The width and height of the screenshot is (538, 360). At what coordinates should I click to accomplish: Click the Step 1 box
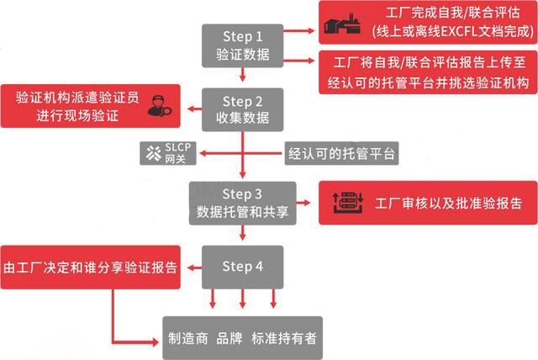[x=242, y=45]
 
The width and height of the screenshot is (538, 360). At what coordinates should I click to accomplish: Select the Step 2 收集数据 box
[x=242, y=107]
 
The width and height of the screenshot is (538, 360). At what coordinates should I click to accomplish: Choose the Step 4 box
[x=242, y=267]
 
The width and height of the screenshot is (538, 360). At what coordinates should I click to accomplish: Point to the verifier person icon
[x=156, y=105]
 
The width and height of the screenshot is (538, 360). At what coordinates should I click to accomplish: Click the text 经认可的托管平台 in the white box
[x=341, y=154]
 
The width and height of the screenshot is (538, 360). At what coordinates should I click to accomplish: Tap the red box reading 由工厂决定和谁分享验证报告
[x=90, y=267]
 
